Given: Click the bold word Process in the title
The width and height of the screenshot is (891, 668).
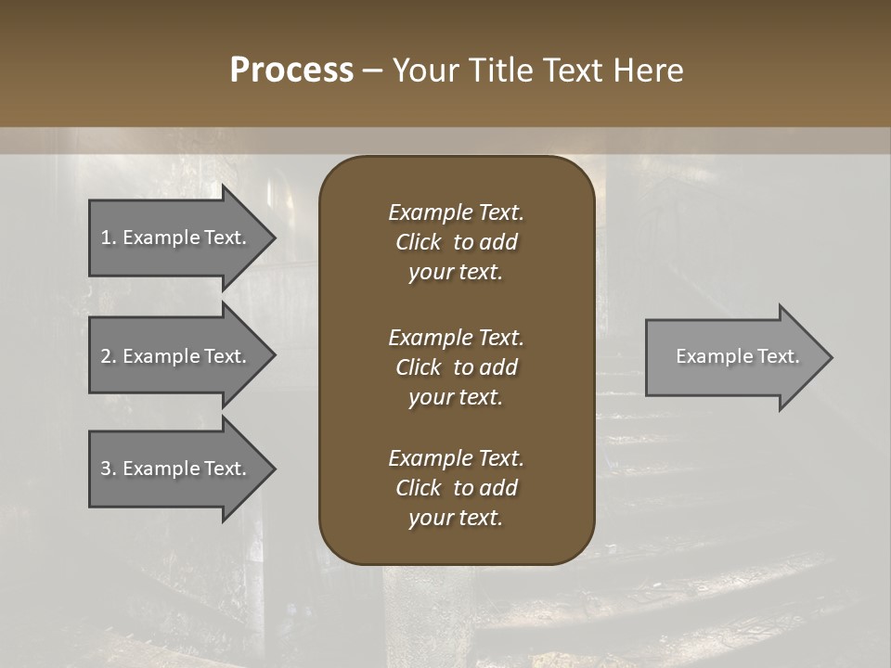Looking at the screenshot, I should point(291,71).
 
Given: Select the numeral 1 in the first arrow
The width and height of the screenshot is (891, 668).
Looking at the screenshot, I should point(106,238).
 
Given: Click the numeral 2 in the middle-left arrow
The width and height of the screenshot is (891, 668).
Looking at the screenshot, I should point(106,356).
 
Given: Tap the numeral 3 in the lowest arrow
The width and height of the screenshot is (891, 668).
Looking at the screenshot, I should point(106,469).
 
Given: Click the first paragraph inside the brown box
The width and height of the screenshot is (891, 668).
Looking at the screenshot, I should point(456,242).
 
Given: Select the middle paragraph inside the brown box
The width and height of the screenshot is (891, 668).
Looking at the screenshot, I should point(456,366).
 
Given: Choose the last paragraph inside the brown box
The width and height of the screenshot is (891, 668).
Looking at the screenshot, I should point(456,488).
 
